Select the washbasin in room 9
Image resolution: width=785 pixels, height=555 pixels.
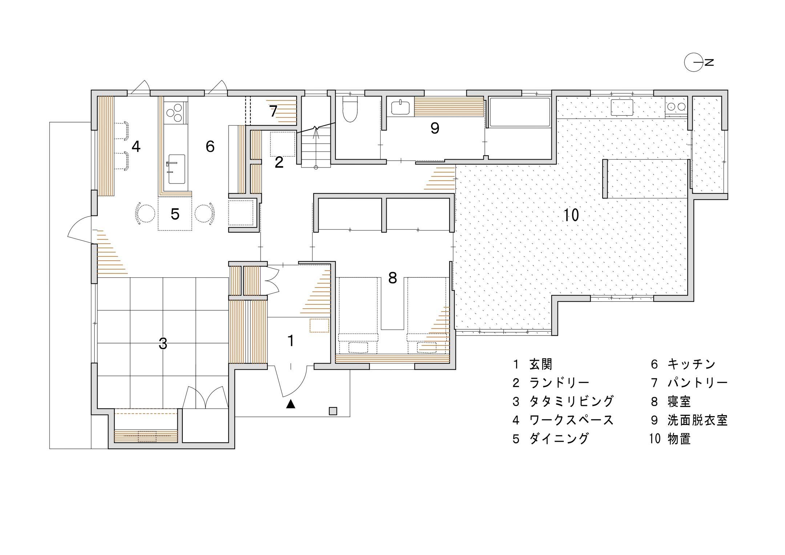400,108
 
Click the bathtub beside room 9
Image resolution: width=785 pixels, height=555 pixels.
520,112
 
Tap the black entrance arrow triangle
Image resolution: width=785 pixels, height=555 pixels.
290,404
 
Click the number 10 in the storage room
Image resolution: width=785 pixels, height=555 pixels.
571,215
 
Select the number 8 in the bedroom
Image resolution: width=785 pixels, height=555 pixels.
392,278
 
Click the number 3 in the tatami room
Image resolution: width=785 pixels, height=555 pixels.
163,343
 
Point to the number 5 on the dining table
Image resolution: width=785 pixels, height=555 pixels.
175,214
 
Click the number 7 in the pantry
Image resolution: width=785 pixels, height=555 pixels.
274,112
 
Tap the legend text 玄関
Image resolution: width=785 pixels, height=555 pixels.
541,364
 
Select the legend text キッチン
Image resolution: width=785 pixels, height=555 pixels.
691,364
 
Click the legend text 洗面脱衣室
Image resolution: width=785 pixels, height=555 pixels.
697,420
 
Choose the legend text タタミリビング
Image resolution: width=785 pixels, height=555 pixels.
571,401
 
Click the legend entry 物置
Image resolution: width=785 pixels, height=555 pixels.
679,439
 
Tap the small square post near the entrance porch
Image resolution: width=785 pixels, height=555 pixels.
333,411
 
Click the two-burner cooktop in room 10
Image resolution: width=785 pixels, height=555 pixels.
676,106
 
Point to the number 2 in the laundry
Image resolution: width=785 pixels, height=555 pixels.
279,162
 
